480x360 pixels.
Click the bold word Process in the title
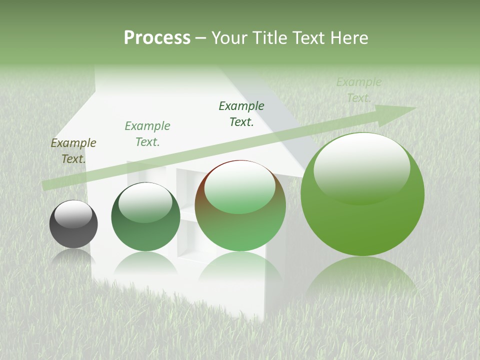pos(157,38)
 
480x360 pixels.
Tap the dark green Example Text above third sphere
pos(241,114)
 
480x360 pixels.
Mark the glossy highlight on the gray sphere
pos(73,213)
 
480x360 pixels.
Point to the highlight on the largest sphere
pos(361,167)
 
